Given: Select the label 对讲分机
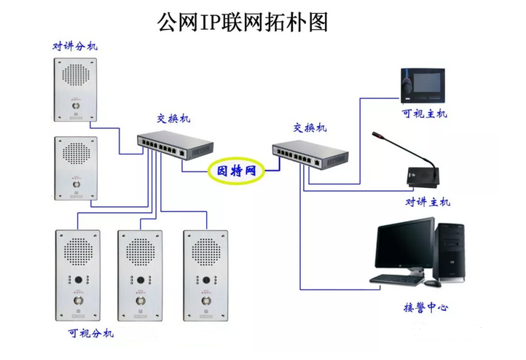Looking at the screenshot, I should [x=74, y=46].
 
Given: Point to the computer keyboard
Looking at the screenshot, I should [x=396, y=278].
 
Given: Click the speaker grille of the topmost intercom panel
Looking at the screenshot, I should [x=75, y=75].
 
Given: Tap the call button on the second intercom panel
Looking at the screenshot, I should [x=75, y=184].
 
